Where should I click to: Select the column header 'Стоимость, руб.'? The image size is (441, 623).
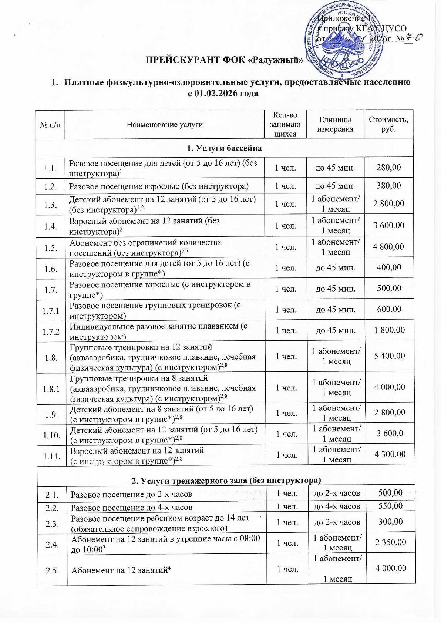[x=388, y=125]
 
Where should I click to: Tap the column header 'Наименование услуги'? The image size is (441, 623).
[x=165, y=125]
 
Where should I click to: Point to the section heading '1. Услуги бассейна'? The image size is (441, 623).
[x=224, y=148]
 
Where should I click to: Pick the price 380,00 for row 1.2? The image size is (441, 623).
[x=388, y=186]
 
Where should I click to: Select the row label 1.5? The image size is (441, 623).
[x=50, y=247]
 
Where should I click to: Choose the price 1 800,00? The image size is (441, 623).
[x=388, y=330]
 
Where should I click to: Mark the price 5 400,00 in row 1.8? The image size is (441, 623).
[x=388, y=356]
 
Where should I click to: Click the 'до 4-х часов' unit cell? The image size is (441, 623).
[x=337, y=506]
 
